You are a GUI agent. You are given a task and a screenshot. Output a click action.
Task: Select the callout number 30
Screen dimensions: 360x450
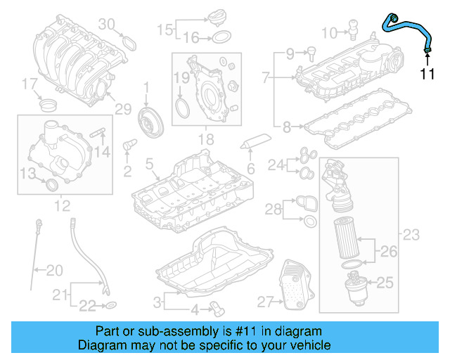point(105,24)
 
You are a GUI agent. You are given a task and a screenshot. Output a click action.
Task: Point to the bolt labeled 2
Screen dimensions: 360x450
point(129,146)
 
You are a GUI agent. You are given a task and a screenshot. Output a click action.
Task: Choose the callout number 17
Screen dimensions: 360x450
point(29,84)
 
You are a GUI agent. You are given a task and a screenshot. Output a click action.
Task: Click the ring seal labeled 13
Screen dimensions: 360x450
point(51,184)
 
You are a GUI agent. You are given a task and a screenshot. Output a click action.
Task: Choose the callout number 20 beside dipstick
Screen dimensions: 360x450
point(53,269)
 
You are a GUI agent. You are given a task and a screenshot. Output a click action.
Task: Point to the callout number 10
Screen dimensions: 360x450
point(330,32)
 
